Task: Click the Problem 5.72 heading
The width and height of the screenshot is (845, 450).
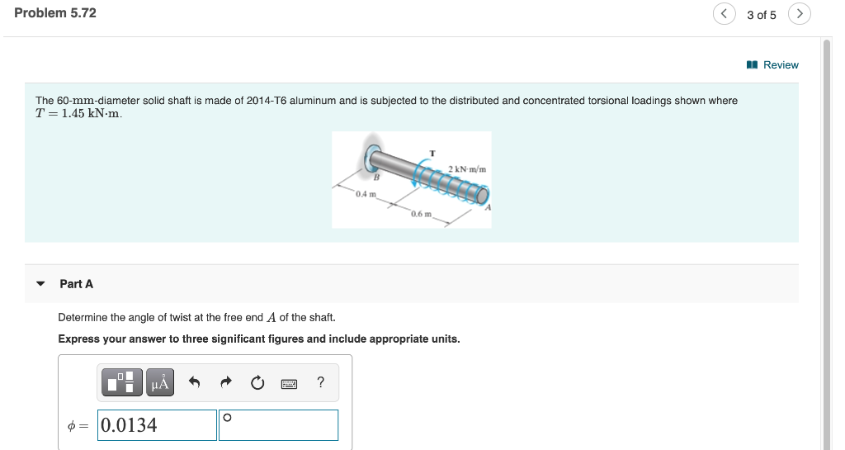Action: tap(55, 13)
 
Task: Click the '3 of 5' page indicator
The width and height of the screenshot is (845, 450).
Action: tap(761, 15)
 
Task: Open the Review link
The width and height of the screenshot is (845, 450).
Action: tap(773, 64)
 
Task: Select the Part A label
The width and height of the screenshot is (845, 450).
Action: tap(77, 284)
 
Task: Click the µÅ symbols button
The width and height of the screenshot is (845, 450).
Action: tap(160, 382)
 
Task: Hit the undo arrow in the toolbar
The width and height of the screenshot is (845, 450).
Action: tap(195, 382)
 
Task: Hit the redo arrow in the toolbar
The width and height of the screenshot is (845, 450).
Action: tap(226, 382)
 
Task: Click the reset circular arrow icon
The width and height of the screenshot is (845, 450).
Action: tap(257, 382)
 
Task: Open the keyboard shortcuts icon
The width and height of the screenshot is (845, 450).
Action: tap(289, 383)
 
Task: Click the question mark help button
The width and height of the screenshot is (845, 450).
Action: tap(320, 381)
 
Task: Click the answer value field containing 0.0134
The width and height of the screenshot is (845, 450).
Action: tap(157, 425)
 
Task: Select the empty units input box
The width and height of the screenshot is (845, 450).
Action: tap(279, 425)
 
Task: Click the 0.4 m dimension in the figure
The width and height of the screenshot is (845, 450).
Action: tap(366, 194)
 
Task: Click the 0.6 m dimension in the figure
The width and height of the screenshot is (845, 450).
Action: tap(421, 214)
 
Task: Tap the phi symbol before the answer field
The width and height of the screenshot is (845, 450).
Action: tap(72, 426)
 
